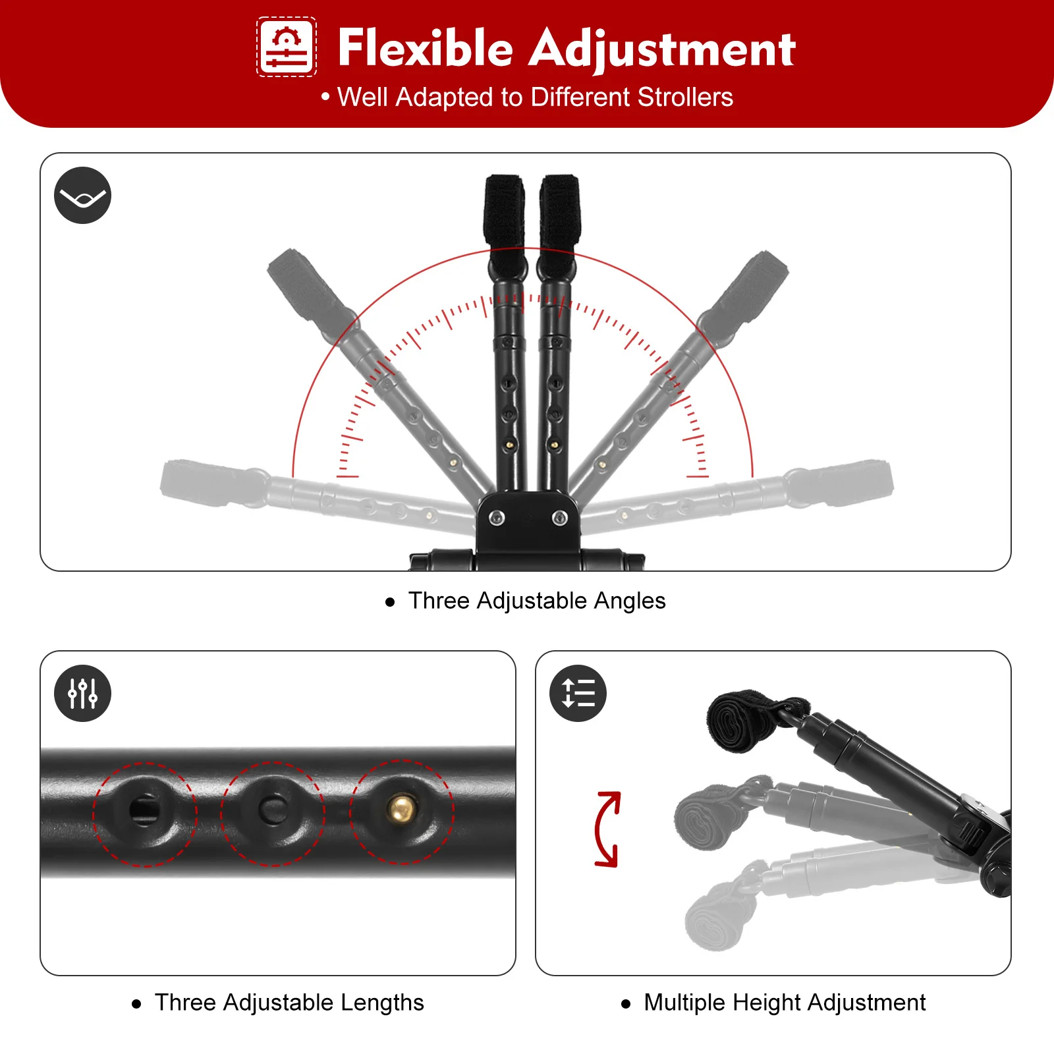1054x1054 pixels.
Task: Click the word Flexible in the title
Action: pos(425,49)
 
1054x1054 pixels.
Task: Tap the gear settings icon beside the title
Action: pos(287,47)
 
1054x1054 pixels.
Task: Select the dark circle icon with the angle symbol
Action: pos(82,196)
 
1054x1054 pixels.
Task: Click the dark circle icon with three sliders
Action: pos(82,693)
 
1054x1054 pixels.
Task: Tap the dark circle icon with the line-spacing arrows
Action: pos(578,693)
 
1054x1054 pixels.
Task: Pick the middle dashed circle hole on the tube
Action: pos(272,810)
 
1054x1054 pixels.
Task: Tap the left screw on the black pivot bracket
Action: pos(497,518)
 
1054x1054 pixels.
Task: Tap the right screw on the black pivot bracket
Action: pos(559,518)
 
